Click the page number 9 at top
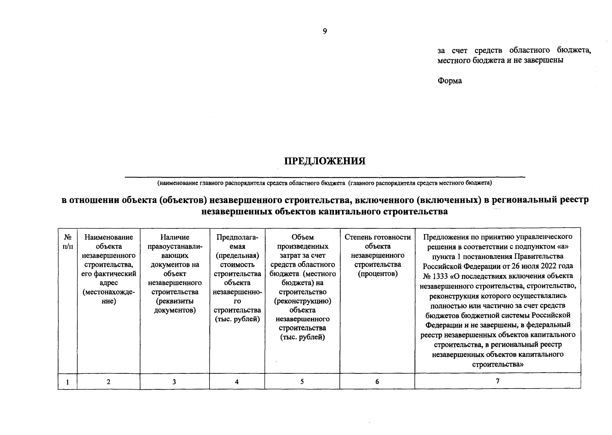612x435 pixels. [325, 32]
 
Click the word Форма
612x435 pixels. [450, 81]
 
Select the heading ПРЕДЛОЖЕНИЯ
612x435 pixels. [324, 161]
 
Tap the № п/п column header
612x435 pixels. [67, 242]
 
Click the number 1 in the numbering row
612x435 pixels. [67, 382]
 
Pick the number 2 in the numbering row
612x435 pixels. [108, 382]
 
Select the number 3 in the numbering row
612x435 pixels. [174, 382]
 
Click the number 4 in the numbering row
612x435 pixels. [237, 382]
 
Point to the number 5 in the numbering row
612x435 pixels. [302, 382]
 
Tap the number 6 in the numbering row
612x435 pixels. [377, 382]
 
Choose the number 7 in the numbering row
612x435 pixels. [497, 381]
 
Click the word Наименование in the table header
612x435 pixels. [109, 237]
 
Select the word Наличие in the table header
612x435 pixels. [175, 237]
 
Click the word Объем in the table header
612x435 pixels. [303, 237]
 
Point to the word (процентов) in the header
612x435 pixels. [378, 274]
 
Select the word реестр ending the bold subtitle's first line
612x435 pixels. [574, 200]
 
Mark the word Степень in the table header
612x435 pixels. [357, 237]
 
